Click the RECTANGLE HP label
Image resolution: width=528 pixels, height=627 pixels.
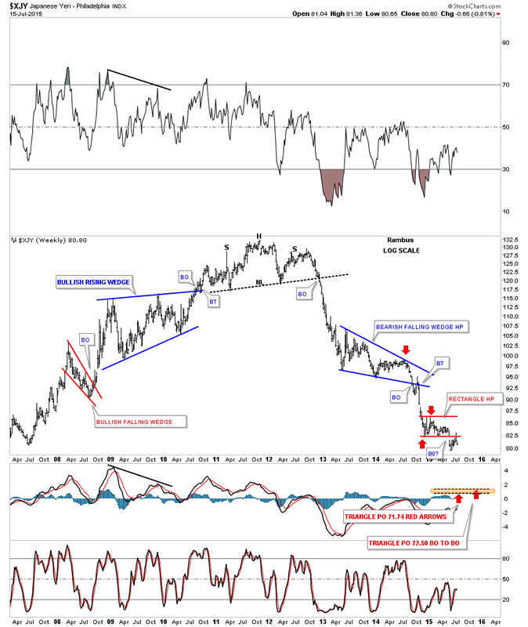click(471, 400)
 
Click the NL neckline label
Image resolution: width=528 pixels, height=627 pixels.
click(259, 282)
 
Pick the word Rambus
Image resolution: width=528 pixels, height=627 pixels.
click(399, 241)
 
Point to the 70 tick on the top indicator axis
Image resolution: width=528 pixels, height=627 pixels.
click(506, 84)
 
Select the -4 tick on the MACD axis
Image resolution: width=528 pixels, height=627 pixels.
click(505, 527)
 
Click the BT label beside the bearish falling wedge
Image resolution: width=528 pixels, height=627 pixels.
click(440, 363)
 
